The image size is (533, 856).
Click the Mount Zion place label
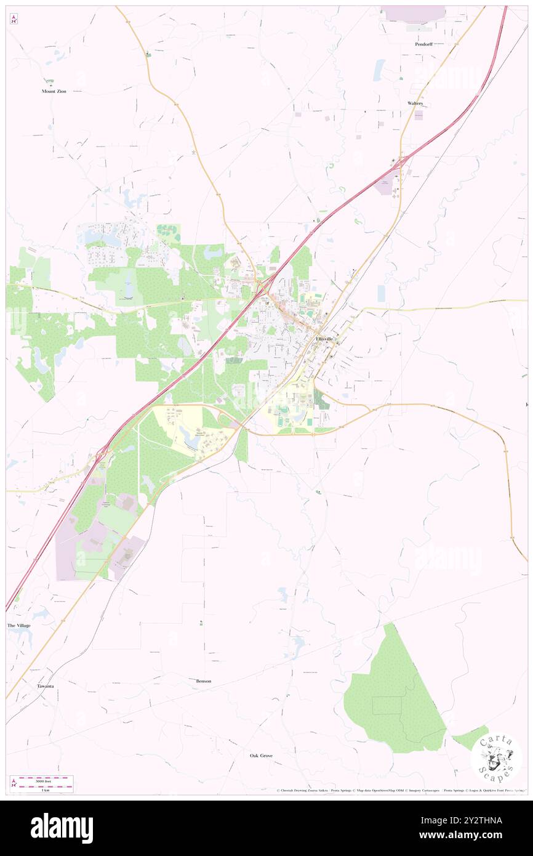[54, 91]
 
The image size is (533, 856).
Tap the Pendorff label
[423, 44]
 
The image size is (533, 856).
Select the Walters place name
[415, 103]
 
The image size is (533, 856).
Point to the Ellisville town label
[324, 339]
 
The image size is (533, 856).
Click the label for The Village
[18, 625]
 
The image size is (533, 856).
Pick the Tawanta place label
[45, 685]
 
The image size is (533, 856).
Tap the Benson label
[203, 681]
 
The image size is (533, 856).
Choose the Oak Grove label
[261, 755]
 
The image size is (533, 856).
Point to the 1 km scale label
[42, 789]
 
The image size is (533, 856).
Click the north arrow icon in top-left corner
[14, 19]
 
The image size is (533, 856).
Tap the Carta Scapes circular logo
[496, 757]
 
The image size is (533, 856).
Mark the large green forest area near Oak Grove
[394, 696]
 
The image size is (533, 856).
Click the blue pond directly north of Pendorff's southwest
[379, 70]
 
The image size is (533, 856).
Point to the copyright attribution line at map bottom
[400, 790]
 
